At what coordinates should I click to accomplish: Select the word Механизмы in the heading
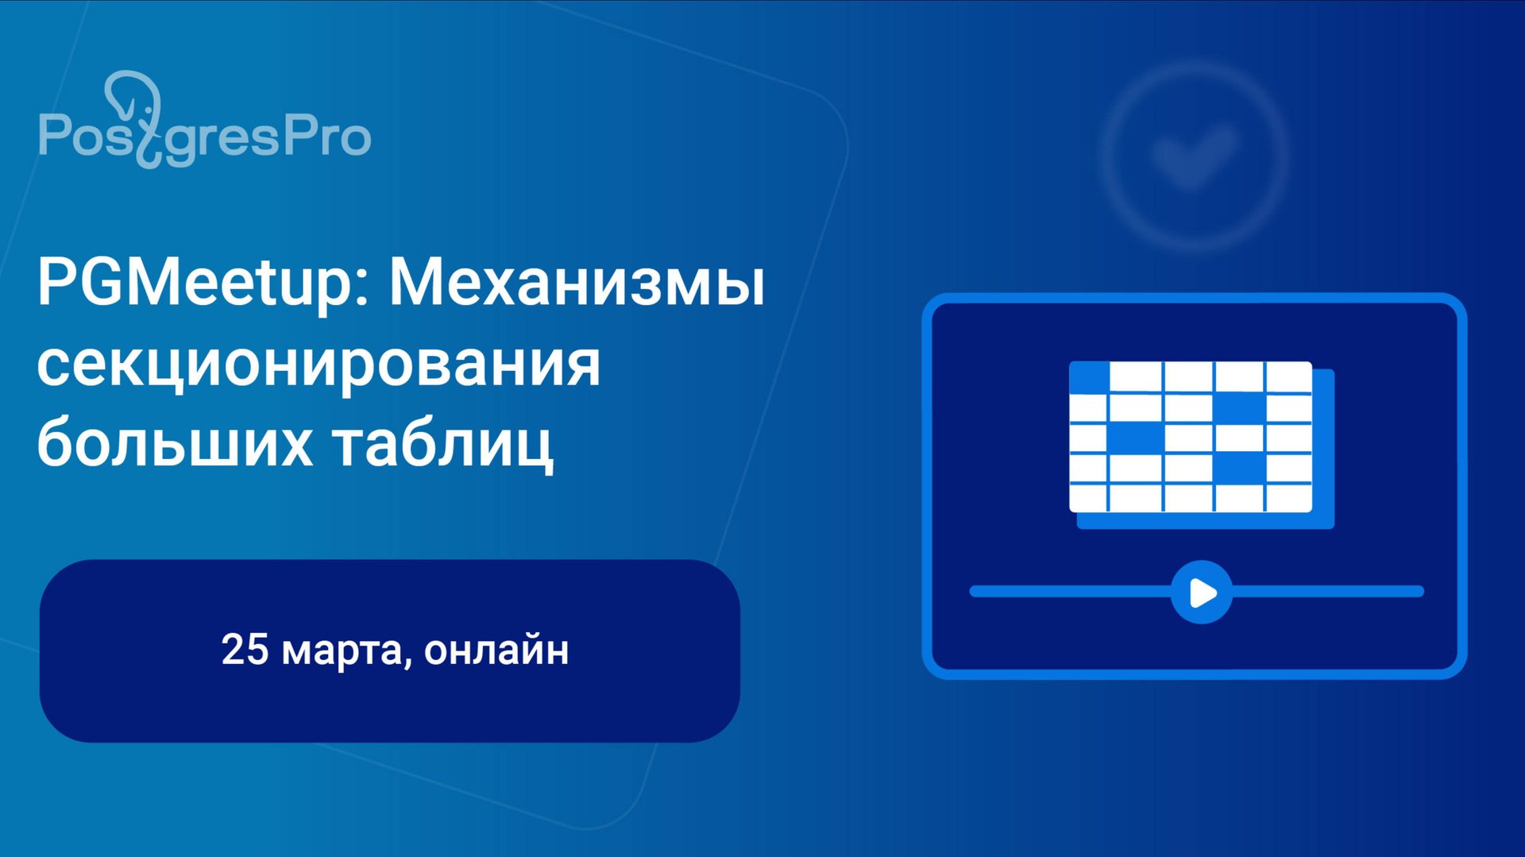pyautogui.click(x=577, y=284)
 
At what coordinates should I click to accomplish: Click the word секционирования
pyautogui.click(x=319, y=365)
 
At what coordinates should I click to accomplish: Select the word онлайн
pyautogui.click(x=496, y=650)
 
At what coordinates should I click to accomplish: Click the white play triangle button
pyautogui.click(x=1202, y=593)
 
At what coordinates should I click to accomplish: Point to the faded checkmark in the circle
pyautogui.click(x=1194, y=155)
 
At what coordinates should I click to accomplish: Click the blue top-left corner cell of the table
pyautogui.click(x=1088, y=376)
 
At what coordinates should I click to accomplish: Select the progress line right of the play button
pyautogui.click(x=1326, y=591)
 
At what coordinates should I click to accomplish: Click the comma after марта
pyautogui.click(x=407, y=661)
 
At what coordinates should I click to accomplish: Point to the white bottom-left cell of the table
pyautogui.click(x=1087, y=497)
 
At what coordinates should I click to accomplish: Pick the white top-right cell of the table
pyautogui.click(x=1288, y=376)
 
